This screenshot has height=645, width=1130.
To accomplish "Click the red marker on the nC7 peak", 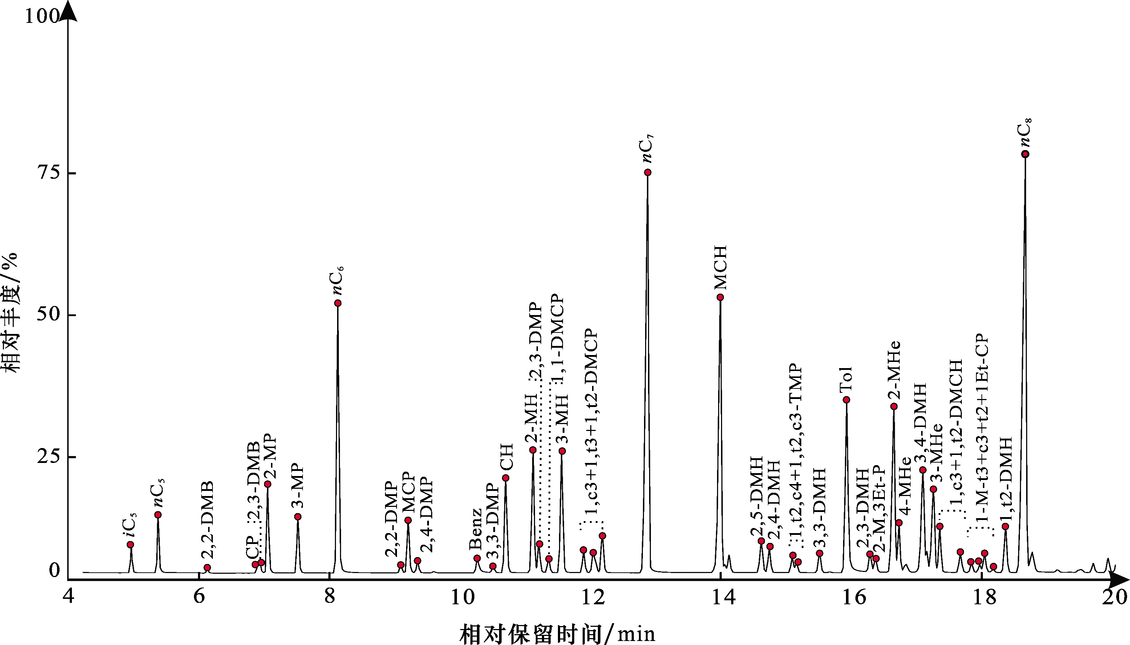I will (648, 172).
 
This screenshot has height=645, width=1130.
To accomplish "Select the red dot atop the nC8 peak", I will (1025, 154).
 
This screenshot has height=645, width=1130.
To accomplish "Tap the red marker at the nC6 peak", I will (338, 303).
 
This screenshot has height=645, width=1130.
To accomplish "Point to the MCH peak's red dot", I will (720, 297).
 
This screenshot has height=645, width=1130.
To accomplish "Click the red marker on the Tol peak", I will (847, 400).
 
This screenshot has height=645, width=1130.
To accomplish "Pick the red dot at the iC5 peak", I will (131, 544).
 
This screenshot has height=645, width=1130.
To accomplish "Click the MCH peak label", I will (720, 268).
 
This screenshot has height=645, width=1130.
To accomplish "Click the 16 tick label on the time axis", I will (854, 598).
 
